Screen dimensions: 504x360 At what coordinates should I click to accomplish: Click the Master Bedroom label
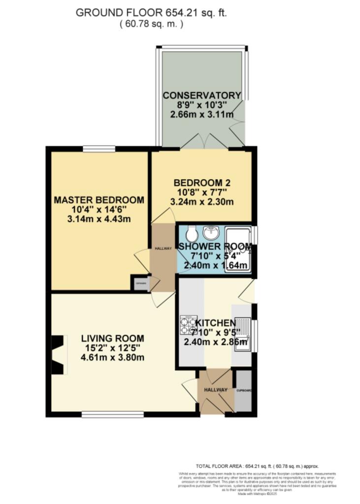[x=99, y=200]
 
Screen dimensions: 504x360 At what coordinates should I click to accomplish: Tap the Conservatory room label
[x=202, y=95]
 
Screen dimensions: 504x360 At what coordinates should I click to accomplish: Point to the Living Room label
[x=113, y=339]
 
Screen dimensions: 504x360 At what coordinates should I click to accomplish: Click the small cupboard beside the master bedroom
[x=140, y=284]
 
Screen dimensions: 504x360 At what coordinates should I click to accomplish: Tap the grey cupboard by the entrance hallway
[x=243, y=391]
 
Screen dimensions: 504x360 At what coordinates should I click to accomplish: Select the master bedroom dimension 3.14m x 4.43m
[x=99, y=220]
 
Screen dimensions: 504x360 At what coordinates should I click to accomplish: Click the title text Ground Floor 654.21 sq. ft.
[x=151, y=13]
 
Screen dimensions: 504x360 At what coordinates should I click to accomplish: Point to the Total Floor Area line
[x=258, y=466]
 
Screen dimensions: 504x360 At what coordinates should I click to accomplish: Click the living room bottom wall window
[x=113, y=414]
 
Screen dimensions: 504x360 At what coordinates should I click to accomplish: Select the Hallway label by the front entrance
[x=216, y=390]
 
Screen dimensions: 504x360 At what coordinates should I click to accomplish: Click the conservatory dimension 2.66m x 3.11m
[x=202, y=115]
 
